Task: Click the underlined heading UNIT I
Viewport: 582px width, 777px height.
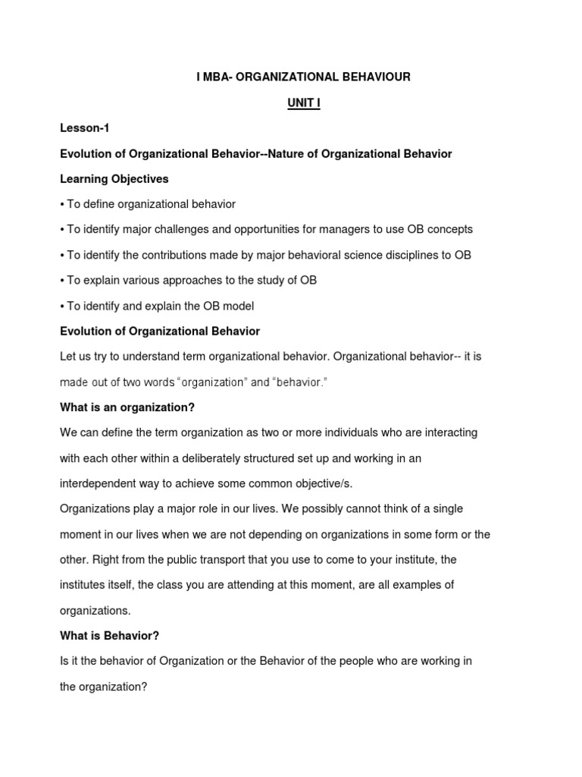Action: click(x=303, y=103)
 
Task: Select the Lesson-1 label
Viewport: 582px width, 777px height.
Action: click(x=85, y=128)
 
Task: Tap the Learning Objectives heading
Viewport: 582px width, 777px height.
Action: click(x=114, y=179)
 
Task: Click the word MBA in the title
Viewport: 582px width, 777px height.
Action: click(x=217, y=77)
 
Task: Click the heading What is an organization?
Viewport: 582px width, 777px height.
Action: click(x=127, y=407)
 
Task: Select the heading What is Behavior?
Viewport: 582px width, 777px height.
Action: click(x=109, y=636)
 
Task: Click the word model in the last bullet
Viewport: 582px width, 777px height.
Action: click(x=236, y=306)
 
